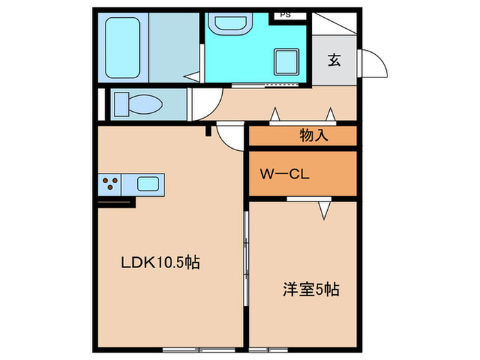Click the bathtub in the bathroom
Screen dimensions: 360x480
point(123,47)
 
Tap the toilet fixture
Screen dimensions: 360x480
point(137,104)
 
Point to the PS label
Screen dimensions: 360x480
point(284,14)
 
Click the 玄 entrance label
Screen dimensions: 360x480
point(334,60)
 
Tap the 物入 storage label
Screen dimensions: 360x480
point(315,136)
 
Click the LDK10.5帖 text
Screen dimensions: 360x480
point(160,262)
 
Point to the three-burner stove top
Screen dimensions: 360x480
point(110,184)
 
